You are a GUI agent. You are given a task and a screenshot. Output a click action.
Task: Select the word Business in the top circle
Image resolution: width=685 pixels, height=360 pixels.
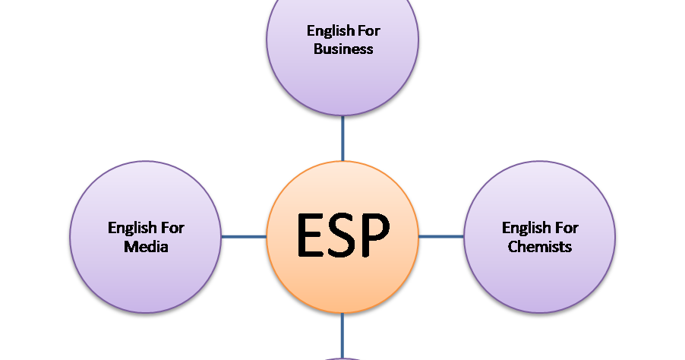click(x=342, y=49)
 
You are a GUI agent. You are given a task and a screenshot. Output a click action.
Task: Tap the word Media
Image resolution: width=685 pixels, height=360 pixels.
click(x=146, y=247)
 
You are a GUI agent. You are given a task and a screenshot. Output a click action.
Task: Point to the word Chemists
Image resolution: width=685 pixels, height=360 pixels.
click(x=540, y=247)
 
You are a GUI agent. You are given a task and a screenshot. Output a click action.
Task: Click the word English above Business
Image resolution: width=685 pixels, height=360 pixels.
click(x=329, y=31)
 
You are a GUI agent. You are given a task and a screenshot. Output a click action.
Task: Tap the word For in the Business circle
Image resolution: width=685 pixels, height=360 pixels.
click(x=368, y=31)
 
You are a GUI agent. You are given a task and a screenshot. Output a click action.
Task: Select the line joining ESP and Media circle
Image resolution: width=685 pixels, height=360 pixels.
click(x=244, y=236)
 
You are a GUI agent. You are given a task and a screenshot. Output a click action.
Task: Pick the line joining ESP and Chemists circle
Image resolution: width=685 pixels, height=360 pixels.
click(x=441, y=236)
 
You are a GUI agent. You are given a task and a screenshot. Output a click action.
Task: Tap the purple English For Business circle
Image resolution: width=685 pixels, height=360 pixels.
click(x=342, y=84)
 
